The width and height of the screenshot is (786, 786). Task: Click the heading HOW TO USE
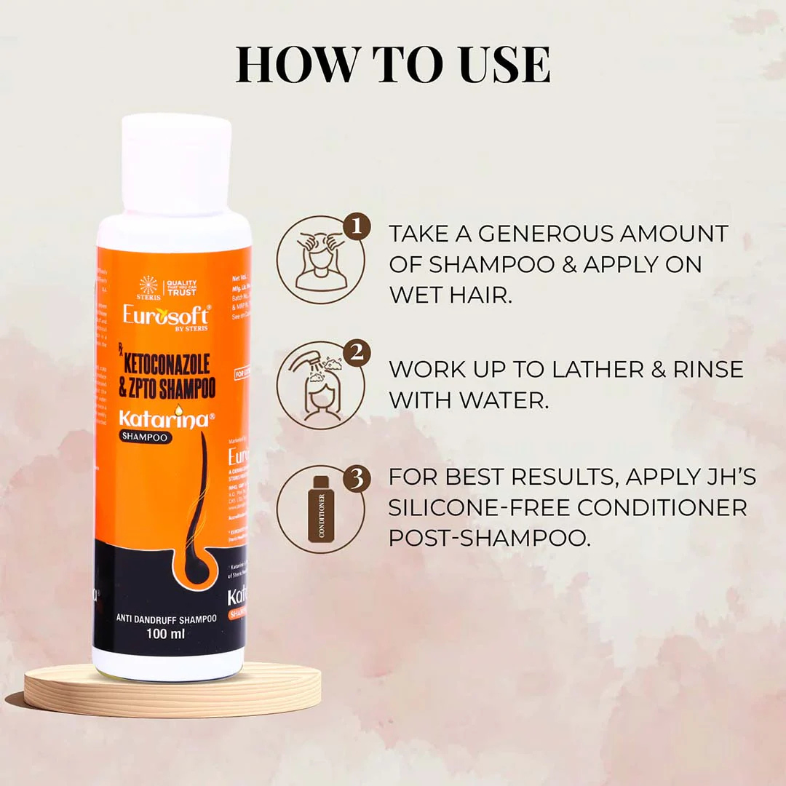[x=393, y=65]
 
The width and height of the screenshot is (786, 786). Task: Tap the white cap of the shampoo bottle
[x=176, y=164]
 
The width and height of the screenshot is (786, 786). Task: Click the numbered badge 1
[x=357, y=227]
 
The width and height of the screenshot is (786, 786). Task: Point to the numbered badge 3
[x=357, y=479]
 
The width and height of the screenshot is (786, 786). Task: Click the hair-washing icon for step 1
[x=320, y=260]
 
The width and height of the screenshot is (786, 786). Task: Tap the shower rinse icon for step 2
[x=320, y=385]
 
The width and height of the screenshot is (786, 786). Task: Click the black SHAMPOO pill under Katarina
[x=146, y=437]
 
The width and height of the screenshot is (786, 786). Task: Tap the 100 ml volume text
[x=166, y=634]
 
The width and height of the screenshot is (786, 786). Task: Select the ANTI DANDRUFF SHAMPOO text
[x=167, y=619]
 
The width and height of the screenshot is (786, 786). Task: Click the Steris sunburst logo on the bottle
[x=148, y=285]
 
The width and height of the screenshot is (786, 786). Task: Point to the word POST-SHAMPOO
[x=488, y=538]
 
